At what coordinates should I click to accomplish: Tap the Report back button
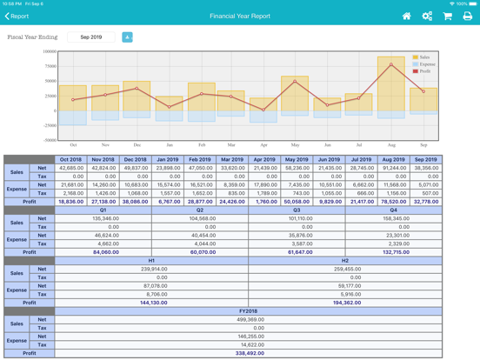17,16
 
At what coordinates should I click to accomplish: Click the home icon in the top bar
406,16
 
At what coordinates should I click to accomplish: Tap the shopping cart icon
447,16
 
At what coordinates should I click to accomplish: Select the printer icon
468,16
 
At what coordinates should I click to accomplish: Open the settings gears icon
427,16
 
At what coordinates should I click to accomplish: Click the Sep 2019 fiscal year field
91,37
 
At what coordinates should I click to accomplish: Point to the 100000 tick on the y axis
49,51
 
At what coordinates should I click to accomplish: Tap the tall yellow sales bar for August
391,87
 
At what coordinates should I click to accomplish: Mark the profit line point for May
295,82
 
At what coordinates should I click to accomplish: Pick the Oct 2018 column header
70,160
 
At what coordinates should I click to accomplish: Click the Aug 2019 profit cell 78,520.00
393,202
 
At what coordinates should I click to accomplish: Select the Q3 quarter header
297,210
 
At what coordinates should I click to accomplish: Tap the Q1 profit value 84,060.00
103,252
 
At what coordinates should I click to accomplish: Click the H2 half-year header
345,261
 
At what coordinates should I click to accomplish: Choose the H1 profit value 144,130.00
152,303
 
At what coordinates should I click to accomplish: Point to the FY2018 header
248,311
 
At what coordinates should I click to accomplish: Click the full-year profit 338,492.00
248,353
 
